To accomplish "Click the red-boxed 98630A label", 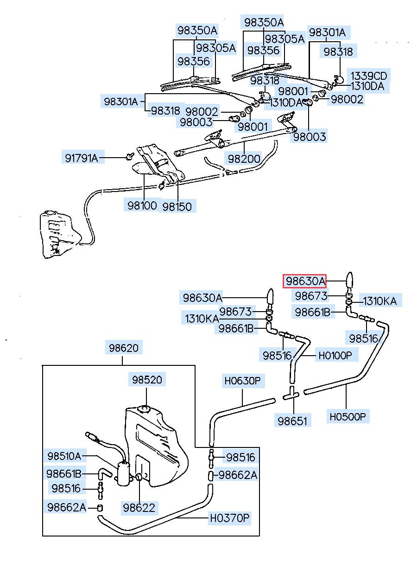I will tap(305, 281).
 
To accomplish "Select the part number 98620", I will tap(123, 347).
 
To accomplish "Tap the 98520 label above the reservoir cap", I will tap(146, 380).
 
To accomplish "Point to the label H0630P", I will tap(243, 381).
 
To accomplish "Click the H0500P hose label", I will tap(348, 416).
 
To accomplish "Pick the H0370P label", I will tap(229, 518).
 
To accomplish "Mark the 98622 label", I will tap(139, 507).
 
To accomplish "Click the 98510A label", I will tap(64, 456).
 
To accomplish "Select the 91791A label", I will tap(81, 158).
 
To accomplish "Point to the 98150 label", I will tap(177, 206).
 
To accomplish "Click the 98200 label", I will tap(244, 158).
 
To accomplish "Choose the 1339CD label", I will tap(368, 76).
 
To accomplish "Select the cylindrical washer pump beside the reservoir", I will tap(123, 474).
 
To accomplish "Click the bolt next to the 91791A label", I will tap(129, 156).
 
